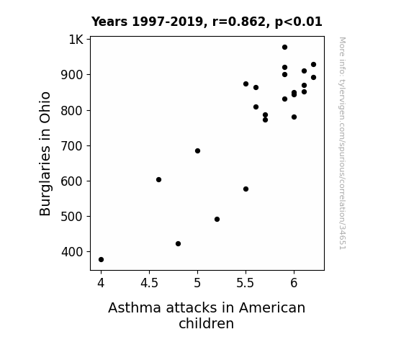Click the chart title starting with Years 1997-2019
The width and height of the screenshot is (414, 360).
point(207,22)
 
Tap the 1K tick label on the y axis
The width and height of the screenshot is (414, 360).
point(76,40)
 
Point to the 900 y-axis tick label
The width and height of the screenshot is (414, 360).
point(72,75)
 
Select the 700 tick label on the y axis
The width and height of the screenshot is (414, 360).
point(72,146)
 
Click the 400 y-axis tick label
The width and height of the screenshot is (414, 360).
point(72,252)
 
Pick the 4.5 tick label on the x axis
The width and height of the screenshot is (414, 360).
point(149,283)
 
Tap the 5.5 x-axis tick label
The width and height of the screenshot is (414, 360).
point(246,283)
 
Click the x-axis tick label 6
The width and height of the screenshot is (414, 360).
point(294,283)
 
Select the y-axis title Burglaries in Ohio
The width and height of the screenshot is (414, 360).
point(45,153)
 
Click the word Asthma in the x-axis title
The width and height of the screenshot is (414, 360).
point(135,308)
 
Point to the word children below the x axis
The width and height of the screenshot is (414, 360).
point(206,323)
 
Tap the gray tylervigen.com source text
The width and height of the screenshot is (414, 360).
point(343,143)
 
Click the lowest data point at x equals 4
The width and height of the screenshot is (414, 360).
point(101,260)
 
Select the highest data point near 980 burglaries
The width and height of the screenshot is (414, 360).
point(284,48)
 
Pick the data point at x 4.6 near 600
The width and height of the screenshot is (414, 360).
point(158,179)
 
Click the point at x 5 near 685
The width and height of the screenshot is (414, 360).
point(197,150)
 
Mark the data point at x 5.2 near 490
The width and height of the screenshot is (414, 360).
point(217,219)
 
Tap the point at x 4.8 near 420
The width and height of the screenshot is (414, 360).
point(179,244)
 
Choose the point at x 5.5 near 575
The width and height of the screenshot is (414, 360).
point(246,189)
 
